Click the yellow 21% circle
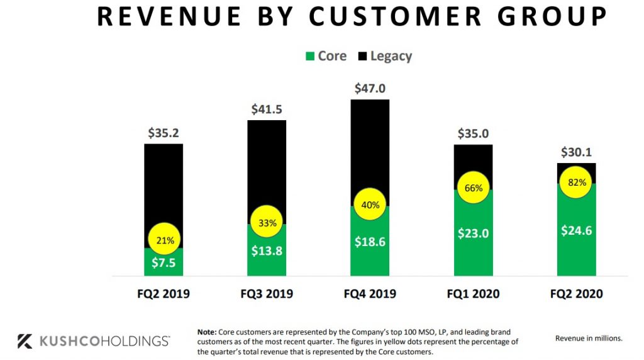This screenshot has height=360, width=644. (165, 240)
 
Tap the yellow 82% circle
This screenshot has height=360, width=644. (577, 183)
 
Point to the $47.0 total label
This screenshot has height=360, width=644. (370, 89)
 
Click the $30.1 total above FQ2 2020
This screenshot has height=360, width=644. (577, 152)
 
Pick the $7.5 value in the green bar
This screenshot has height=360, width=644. (164, 262)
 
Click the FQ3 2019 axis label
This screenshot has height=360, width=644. (267, 294)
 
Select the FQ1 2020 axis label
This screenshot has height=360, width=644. (473, 294)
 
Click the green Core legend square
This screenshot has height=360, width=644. (309, 56)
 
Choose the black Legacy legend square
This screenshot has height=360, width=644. (362, 56)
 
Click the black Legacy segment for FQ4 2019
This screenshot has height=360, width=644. (370, 145)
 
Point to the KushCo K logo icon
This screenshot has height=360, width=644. (25, 341)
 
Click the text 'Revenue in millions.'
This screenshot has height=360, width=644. (589, 339)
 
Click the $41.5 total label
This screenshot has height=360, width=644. (267, 109)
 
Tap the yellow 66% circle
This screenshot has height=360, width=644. (473, 188)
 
